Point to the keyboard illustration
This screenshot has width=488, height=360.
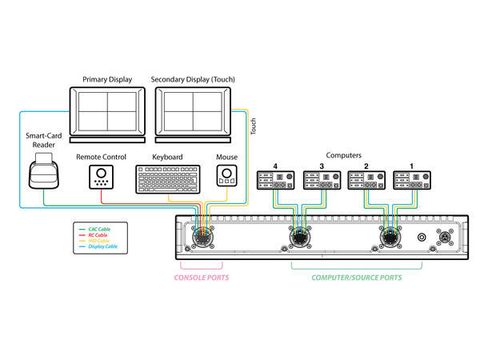click(168, 179)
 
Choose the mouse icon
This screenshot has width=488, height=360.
click(227, 176)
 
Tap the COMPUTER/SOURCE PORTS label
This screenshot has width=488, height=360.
click(356, 278)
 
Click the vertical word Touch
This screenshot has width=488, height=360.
click(254, 126)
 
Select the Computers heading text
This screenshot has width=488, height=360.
click(345, 155)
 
